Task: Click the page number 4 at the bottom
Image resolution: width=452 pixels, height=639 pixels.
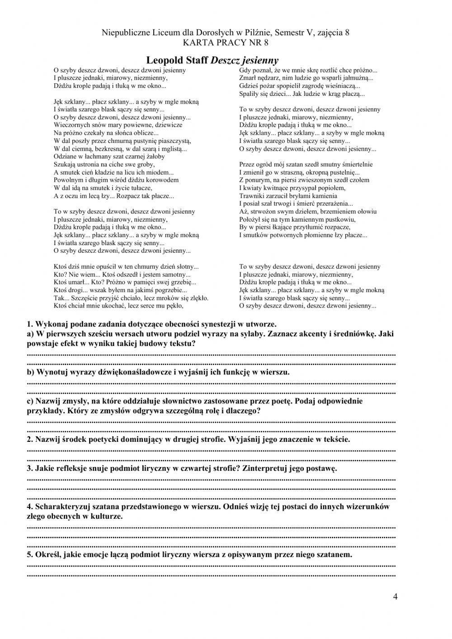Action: click(395, 596)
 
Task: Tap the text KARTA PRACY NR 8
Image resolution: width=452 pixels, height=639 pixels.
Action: click(226, 43)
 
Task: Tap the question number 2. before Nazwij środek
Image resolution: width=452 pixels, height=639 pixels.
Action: click(30, 439)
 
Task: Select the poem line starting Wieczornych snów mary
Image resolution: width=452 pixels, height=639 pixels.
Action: click(118, 125)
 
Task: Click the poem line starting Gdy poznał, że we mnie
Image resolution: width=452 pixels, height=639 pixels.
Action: click(308, 70)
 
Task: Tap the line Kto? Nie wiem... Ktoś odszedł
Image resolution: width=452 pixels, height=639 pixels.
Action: click(122, 275)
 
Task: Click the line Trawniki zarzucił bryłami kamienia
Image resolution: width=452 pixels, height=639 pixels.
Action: click(288, 196)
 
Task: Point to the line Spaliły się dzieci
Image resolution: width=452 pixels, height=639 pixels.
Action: click(301, 94)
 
